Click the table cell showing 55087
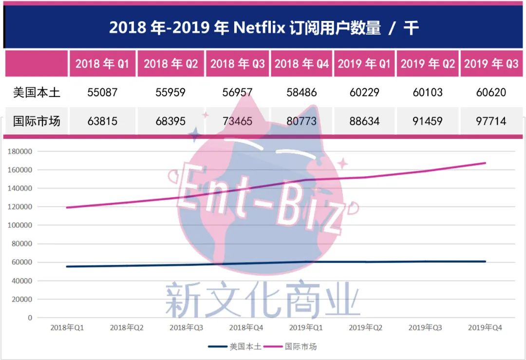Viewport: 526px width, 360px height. tap(102, 92)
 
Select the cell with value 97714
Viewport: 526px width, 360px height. tap(491, 121)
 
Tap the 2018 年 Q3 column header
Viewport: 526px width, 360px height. tap(238, 64)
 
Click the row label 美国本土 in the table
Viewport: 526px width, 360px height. tap(37, 92)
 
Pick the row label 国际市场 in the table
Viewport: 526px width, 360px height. tap(37, 121)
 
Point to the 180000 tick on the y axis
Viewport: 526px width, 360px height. tap(20, 152)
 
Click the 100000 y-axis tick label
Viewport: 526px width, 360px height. tap(20, 226)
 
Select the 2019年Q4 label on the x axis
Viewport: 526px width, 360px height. tap(485, 327)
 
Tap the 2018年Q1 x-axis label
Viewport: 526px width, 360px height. tap(67, 327)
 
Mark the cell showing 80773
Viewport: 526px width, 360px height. tap(301, 121)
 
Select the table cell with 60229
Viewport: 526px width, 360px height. tap(364, 92)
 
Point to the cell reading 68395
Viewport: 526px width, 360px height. tap(170, 121)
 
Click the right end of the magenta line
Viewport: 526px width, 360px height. tap(485, 163)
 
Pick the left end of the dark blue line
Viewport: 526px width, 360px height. tap(67, 266)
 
